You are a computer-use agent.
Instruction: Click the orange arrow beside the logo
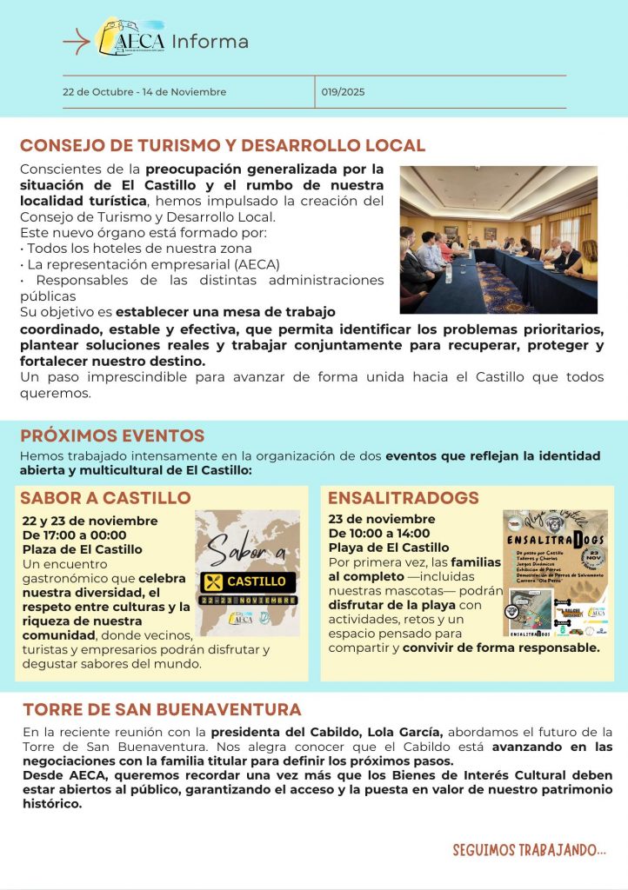(77, 41)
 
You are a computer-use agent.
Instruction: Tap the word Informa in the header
(210, 42)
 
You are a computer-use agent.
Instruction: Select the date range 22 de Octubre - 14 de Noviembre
(144, 92)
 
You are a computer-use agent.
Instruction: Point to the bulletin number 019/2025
(343, 92)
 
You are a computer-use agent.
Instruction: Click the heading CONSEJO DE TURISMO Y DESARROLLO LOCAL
(223, 146)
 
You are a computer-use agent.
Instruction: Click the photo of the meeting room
(498, 239)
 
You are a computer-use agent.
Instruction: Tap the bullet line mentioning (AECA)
(152, 264)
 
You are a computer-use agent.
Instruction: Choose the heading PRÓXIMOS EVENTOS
(112, 436)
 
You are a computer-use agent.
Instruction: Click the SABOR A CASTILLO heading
(105, 498)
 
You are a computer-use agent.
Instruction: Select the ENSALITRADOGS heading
(404, 498)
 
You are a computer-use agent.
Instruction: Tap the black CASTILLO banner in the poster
(248, 581)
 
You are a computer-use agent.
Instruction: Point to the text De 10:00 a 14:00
(379, 534)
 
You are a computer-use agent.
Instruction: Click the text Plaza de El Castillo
(82, 549)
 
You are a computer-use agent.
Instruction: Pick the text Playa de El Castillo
(389, 548)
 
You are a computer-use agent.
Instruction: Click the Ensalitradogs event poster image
(555, 574)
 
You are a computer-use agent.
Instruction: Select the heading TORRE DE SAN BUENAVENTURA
(162, 710)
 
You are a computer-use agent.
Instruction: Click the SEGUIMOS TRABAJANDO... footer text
(529, 850)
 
